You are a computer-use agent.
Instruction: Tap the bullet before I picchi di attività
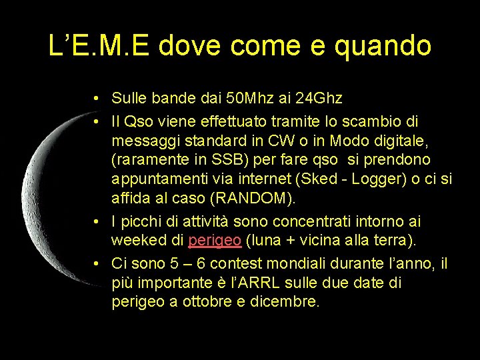(97, 221)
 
